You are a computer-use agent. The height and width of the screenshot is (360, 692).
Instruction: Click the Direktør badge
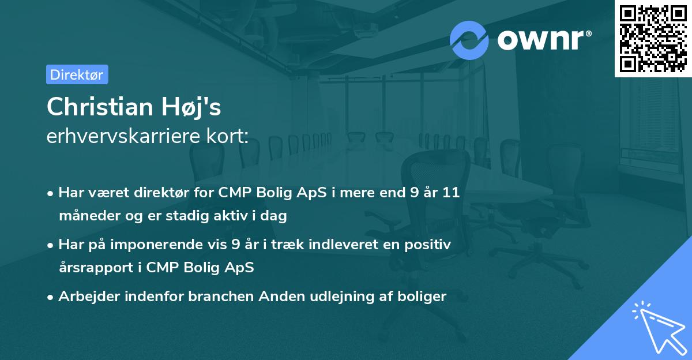(x=77, y=74)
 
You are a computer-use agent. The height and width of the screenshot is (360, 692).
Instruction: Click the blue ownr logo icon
(x=469, y=40)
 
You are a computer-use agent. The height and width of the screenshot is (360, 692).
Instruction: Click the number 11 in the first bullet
(x=450, y=193)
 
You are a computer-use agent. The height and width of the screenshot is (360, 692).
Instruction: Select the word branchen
(x=221, y=297)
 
